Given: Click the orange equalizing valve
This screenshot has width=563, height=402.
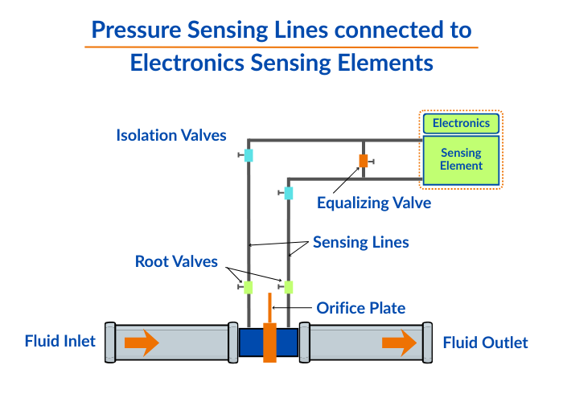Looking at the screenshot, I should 364,160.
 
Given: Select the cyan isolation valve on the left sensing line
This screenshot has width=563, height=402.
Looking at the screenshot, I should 249,155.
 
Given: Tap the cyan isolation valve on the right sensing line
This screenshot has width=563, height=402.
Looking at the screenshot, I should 289,193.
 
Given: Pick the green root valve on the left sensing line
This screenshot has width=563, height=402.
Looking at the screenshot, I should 249,286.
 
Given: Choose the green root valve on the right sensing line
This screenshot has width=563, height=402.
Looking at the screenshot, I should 289,286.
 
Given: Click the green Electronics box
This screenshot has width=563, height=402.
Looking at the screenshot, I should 462,123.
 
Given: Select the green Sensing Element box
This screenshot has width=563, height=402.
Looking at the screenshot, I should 462,159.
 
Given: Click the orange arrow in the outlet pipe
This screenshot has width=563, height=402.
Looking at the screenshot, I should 399,343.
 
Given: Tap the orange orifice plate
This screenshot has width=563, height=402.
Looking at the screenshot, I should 269,338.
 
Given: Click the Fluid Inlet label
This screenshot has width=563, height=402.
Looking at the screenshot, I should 60,342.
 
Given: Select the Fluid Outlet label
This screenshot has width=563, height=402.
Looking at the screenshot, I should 486,343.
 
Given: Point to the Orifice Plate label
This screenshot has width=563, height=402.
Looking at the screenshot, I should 361,308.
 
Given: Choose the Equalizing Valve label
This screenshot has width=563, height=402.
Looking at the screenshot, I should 374,203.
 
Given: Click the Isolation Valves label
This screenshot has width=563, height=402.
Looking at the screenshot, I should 171,135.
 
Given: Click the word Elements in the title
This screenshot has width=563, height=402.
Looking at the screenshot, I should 387,63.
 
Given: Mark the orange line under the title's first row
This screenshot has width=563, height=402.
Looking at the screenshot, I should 281,47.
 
